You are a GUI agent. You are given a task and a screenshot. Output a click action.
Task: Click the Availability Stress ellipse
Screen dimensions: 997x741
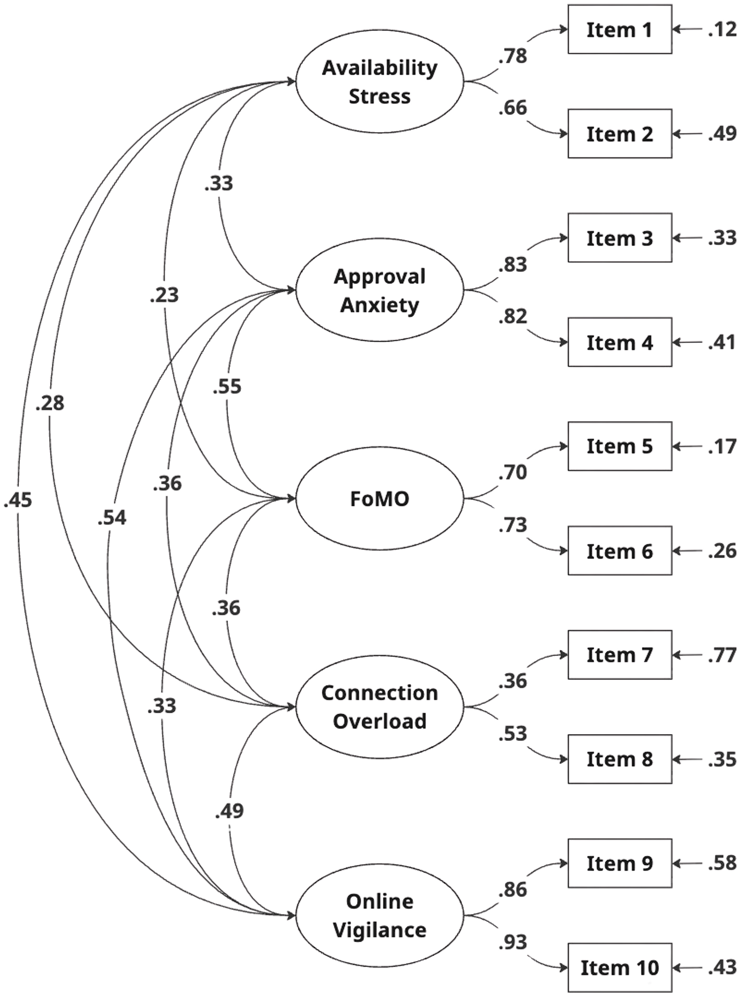coord(379,82)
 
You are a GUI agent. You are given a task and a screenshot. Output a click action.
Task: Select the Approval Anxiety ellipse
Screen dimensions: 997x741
coord(379,290)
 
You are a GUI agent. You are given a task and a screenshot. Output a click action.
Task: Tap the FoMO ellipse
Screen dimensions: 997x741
coord(379,498)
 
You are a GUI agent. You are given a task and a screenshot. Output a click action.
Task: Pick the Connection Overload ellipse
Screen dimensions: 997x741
coord(379,706)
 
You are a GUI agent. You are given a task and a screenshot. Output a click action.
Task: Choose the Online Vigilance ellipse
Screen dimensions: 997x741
coord(379,915)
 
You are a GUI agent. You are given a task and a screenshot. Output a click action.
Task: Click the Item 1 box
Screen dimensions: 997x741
coord(619,30)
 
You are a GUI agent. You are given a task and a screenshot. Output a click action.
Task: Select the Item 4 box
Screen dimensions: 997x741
coord(619,342)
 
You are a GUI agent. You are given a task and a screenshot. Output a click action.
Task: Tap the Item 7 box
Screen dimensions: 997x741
coord(619,655)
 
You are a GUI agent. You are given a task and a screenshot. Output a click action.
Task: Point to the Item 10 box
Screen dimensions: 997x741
coord(619,968)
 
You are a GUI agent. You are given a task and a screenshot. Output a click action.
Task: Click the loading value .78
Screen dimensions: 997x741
coord(513,56)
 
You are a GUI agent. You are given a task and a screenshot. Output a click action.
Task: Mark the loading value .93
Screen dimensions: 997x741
coord(513,942)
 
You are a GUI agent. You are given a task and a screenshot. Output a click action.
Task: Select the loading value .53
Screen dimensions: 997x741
coord(513,734)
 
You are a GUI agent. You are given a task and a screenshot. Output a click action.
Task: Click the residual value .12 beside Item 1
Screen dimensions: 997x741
coord(722,30)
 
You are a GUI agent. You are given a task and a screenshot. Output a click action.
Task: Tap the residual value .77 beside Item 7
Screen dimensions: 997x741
coord(722,655)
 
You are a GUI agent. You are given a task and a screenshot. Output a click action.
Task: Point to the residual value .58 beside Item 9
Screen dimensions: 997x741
coord(722,863)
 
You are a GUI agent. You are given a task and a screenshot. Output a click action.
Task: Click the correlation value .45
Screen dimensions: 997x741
coord(18,500)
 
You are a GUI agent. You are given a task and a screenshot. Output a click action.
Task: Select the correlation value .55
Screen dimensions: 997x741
coord(227,387)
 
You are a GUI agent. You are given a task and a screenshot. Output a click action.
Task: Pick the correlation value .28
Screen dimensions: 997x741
coord(50,403)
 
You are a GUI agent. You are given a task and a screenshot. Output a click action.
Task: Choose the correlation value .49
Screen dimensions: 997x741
coord(229,810)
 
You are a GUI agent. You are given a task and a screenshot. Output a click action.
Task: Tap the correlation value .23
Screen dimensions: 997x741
coord(164,295)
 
